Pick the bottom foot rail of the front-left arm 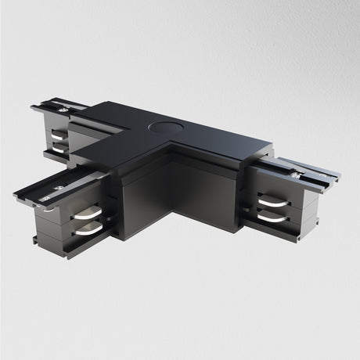(x=70, y=250)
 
